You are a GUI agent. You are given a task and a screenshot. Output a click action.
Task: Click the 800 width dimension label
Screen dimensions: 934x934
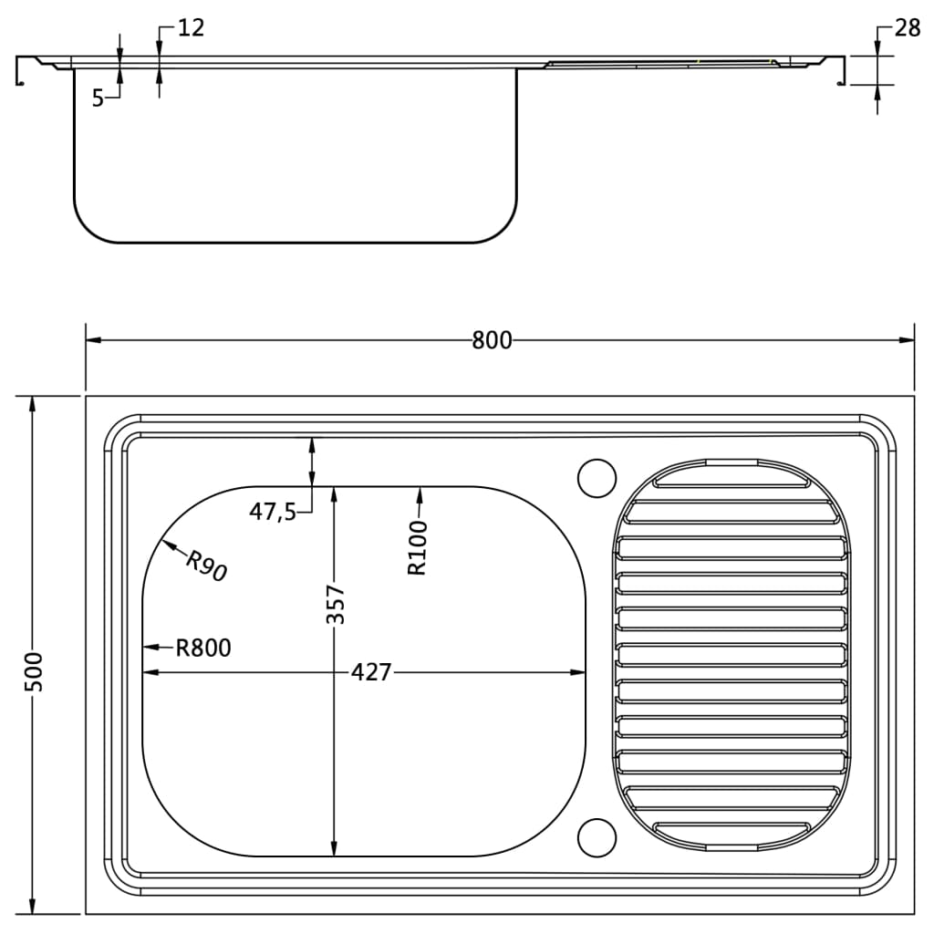click(x=492, y=340)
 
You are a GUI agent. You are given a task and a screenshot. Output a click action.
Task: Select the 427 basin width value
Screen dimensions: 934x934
click(x=370, y=672)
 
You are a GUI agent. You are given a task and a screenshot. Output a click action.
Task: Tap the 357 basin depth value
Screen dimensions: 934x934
click(x=335, y=604)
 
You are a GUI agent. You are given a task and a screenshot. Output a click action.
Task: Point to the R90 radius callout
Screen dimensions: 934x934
click(x=205, y=566)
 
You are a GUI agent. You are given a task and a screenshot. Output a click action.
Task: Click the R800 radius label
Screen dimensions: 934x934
click(x=203, y=648)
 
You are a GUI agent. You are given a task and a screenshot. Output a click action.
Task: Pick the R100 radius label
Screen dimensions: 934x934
click(x=417, y=547)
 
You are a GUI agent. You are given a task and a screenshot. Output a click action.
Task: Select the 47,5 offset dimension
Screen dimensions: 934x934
click(x=273, y=512)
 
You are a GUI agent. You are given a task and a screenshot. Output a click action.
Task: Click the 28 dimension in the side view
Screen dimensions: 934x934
click(x=907, y=28)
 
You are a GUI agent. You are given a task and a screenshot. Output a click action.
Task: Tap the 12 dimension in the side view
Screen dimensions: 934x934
click(x=191, y=27)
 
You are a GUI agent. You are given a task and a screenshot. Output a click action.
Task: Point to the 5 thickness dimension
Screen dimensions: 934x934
click(x=98, y=99)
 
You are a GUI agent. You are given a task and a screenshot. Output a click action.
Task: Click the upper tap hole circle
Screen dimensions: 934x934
click(x=597, y=477)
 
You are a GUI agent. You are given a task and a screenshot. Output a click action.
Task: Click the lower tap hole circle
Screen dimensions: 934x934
click(x=597, y=837)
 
